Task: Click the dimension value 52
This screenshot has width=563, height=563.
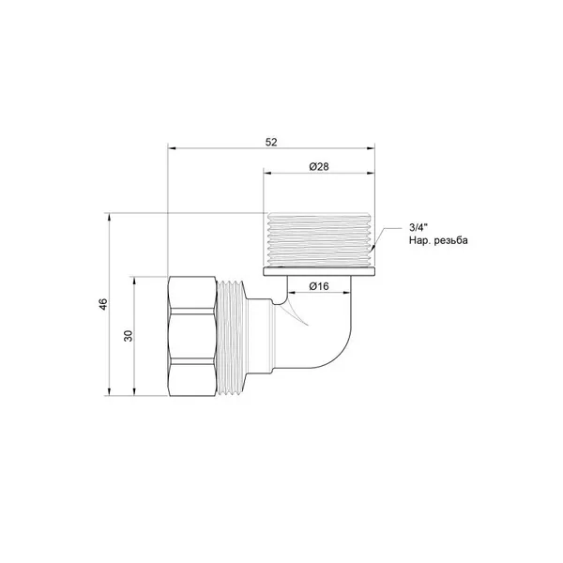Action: (x=271, y=143)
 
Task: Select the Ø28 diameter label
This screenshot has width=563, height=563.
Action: (x=319, y=167)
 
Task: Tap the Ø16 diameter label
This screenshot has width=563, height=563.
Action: (x=319, y=286)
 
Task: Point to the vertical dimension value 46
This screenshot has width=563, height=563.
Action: (x=103, y=304)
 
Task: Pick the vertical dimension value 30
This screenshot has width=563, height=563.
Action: (x=129, y=336)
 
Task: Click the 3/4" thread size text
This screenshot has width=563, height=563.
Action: (x=418, y=227)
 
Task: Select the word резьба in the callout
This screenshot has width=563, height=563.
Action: (x=451, y=240)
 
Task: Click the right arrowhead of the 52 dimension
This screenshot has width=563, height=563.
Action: (x=371, y=148)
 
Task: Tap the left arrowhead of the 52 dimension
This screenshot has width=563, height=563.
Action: (x=173, y=148)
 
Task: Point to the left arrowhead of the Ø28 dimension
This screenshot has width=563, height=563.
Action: (x=268, y=173)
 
